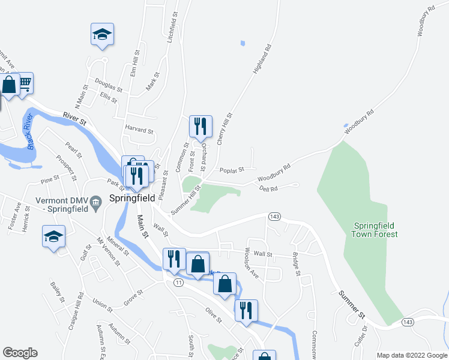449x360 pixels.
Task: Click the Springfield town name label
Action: tap(132, 197)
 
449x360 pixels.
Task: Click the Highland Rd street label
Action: tap(262, 58)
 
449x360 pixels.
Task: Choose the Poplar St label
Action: tap(231, 170)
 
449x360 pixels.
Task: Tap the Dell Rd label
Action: tap(268, 188)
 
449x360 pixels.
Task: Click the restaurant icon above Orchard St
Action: tap(200, 126)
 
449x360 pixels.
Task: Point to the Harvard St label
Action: tap(139, 130)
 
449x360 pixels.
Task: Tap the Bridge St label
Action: tap(296, 264)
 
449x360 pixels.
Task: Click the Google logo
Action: tap(20, 353)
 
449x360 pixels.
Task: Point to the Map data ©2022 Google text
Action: tap(411, 355)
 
